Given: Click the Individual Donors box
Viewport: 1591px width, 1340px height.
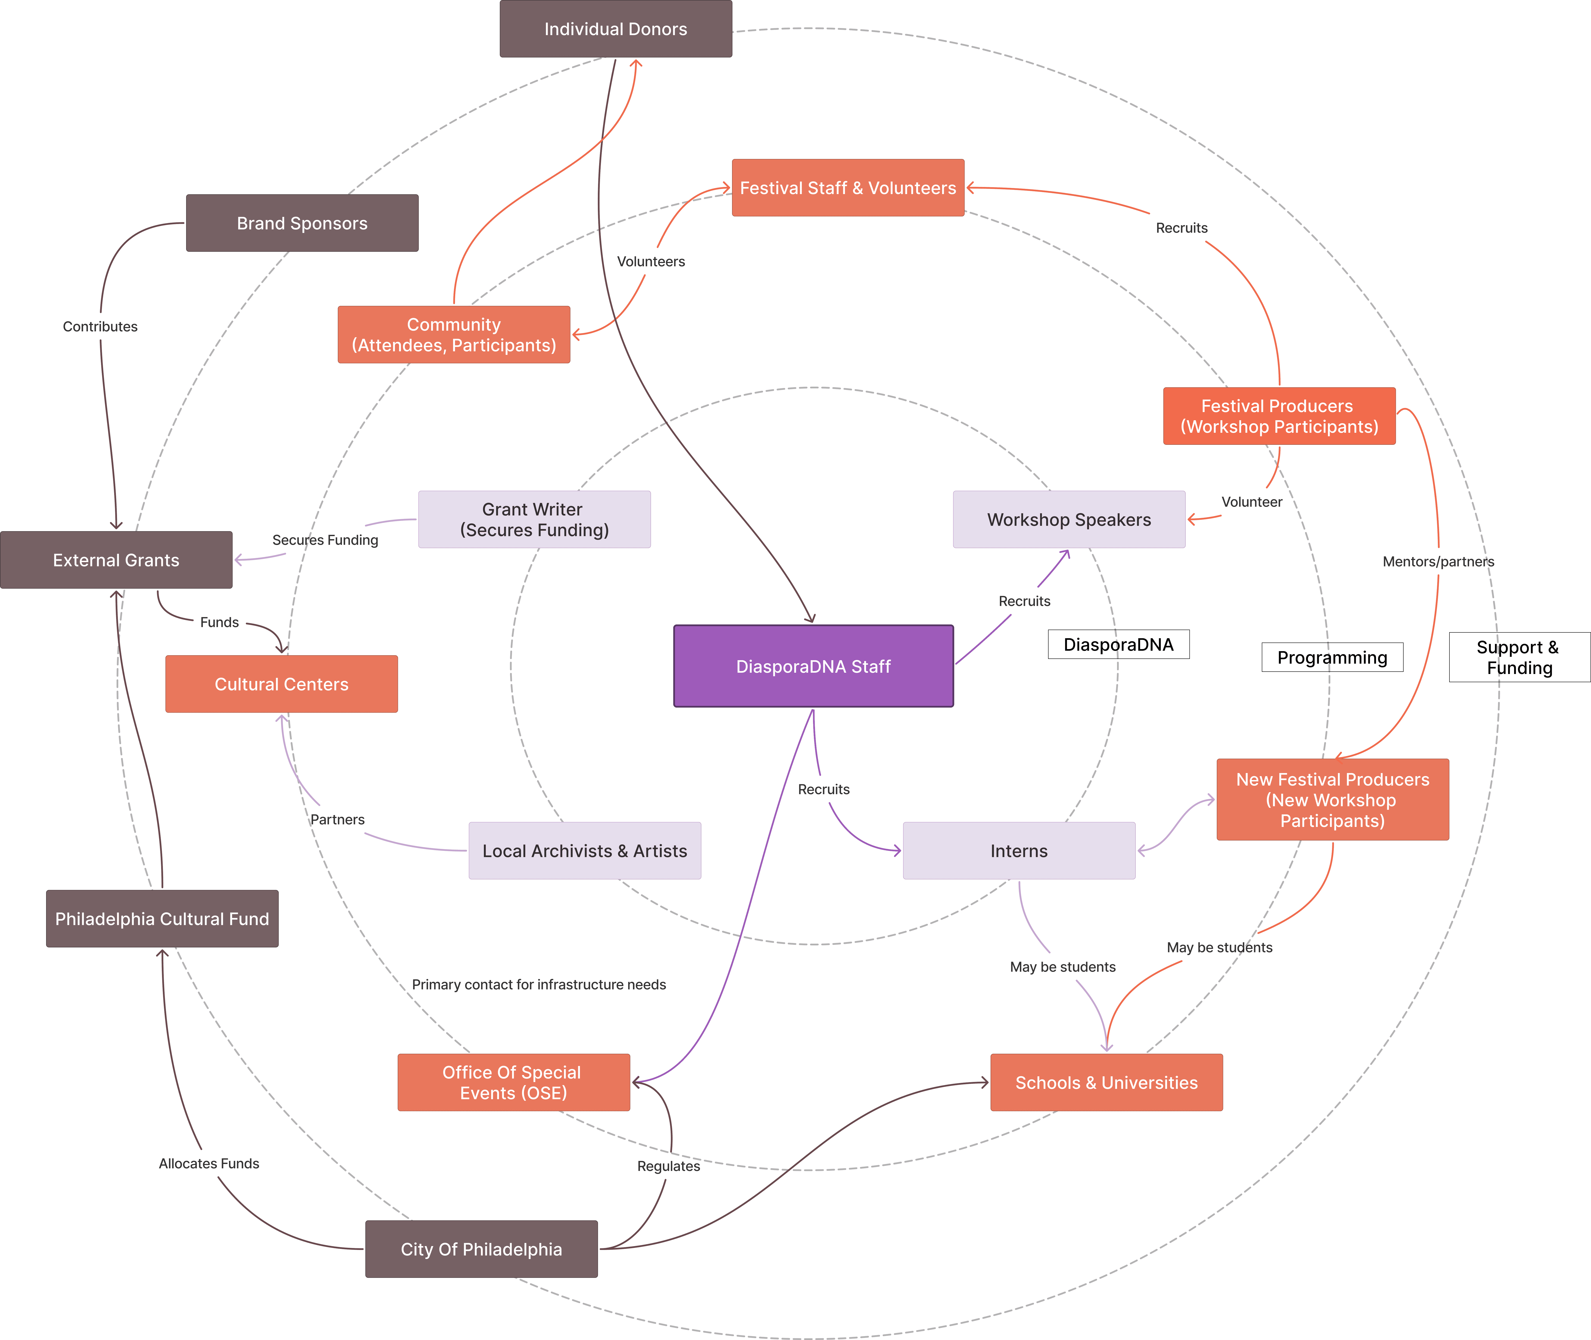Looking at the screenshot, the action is pos(616,29).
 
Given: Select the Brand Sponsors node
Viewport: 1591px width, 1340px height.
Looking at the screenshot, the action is pos(302,223).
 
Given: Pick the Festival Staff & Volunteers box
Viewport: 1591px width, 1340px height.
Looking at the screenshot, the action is pos(848,188).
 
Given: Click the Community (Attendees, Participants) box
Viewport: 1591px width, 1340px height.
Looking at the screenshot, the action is pos(453,334).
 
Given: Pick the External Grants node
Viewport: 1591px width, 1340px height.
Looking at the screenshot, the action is pos(116,560).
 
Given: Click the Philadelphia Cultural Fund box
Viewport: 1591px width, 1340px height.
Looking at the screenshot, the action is pos(162,918).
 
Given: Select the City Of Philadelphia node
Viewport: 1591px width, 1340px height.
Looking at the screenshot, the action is pos(482,1249).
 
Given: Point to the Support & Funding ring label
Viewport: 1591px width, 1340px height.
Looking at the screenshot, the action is pos(1519,657).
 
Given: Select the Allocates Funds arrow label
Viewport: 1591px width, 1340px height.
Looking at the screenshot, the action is pos(209,1163).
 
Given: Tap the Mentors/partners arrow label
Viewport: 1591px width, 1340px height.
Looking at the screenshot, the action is pos(1438,561).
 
